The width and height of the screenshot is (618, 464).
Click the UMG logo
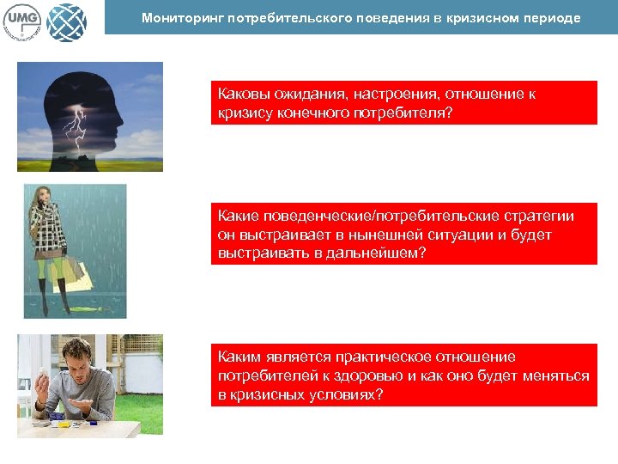pyautogui.click(x=24, y=20)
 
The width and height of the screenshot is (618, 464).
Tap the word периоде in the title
pyautogui.click(x=550, y=17)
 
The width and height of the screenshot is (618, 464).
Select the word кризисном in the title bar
pyautogui.click(x=476, y=17)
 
